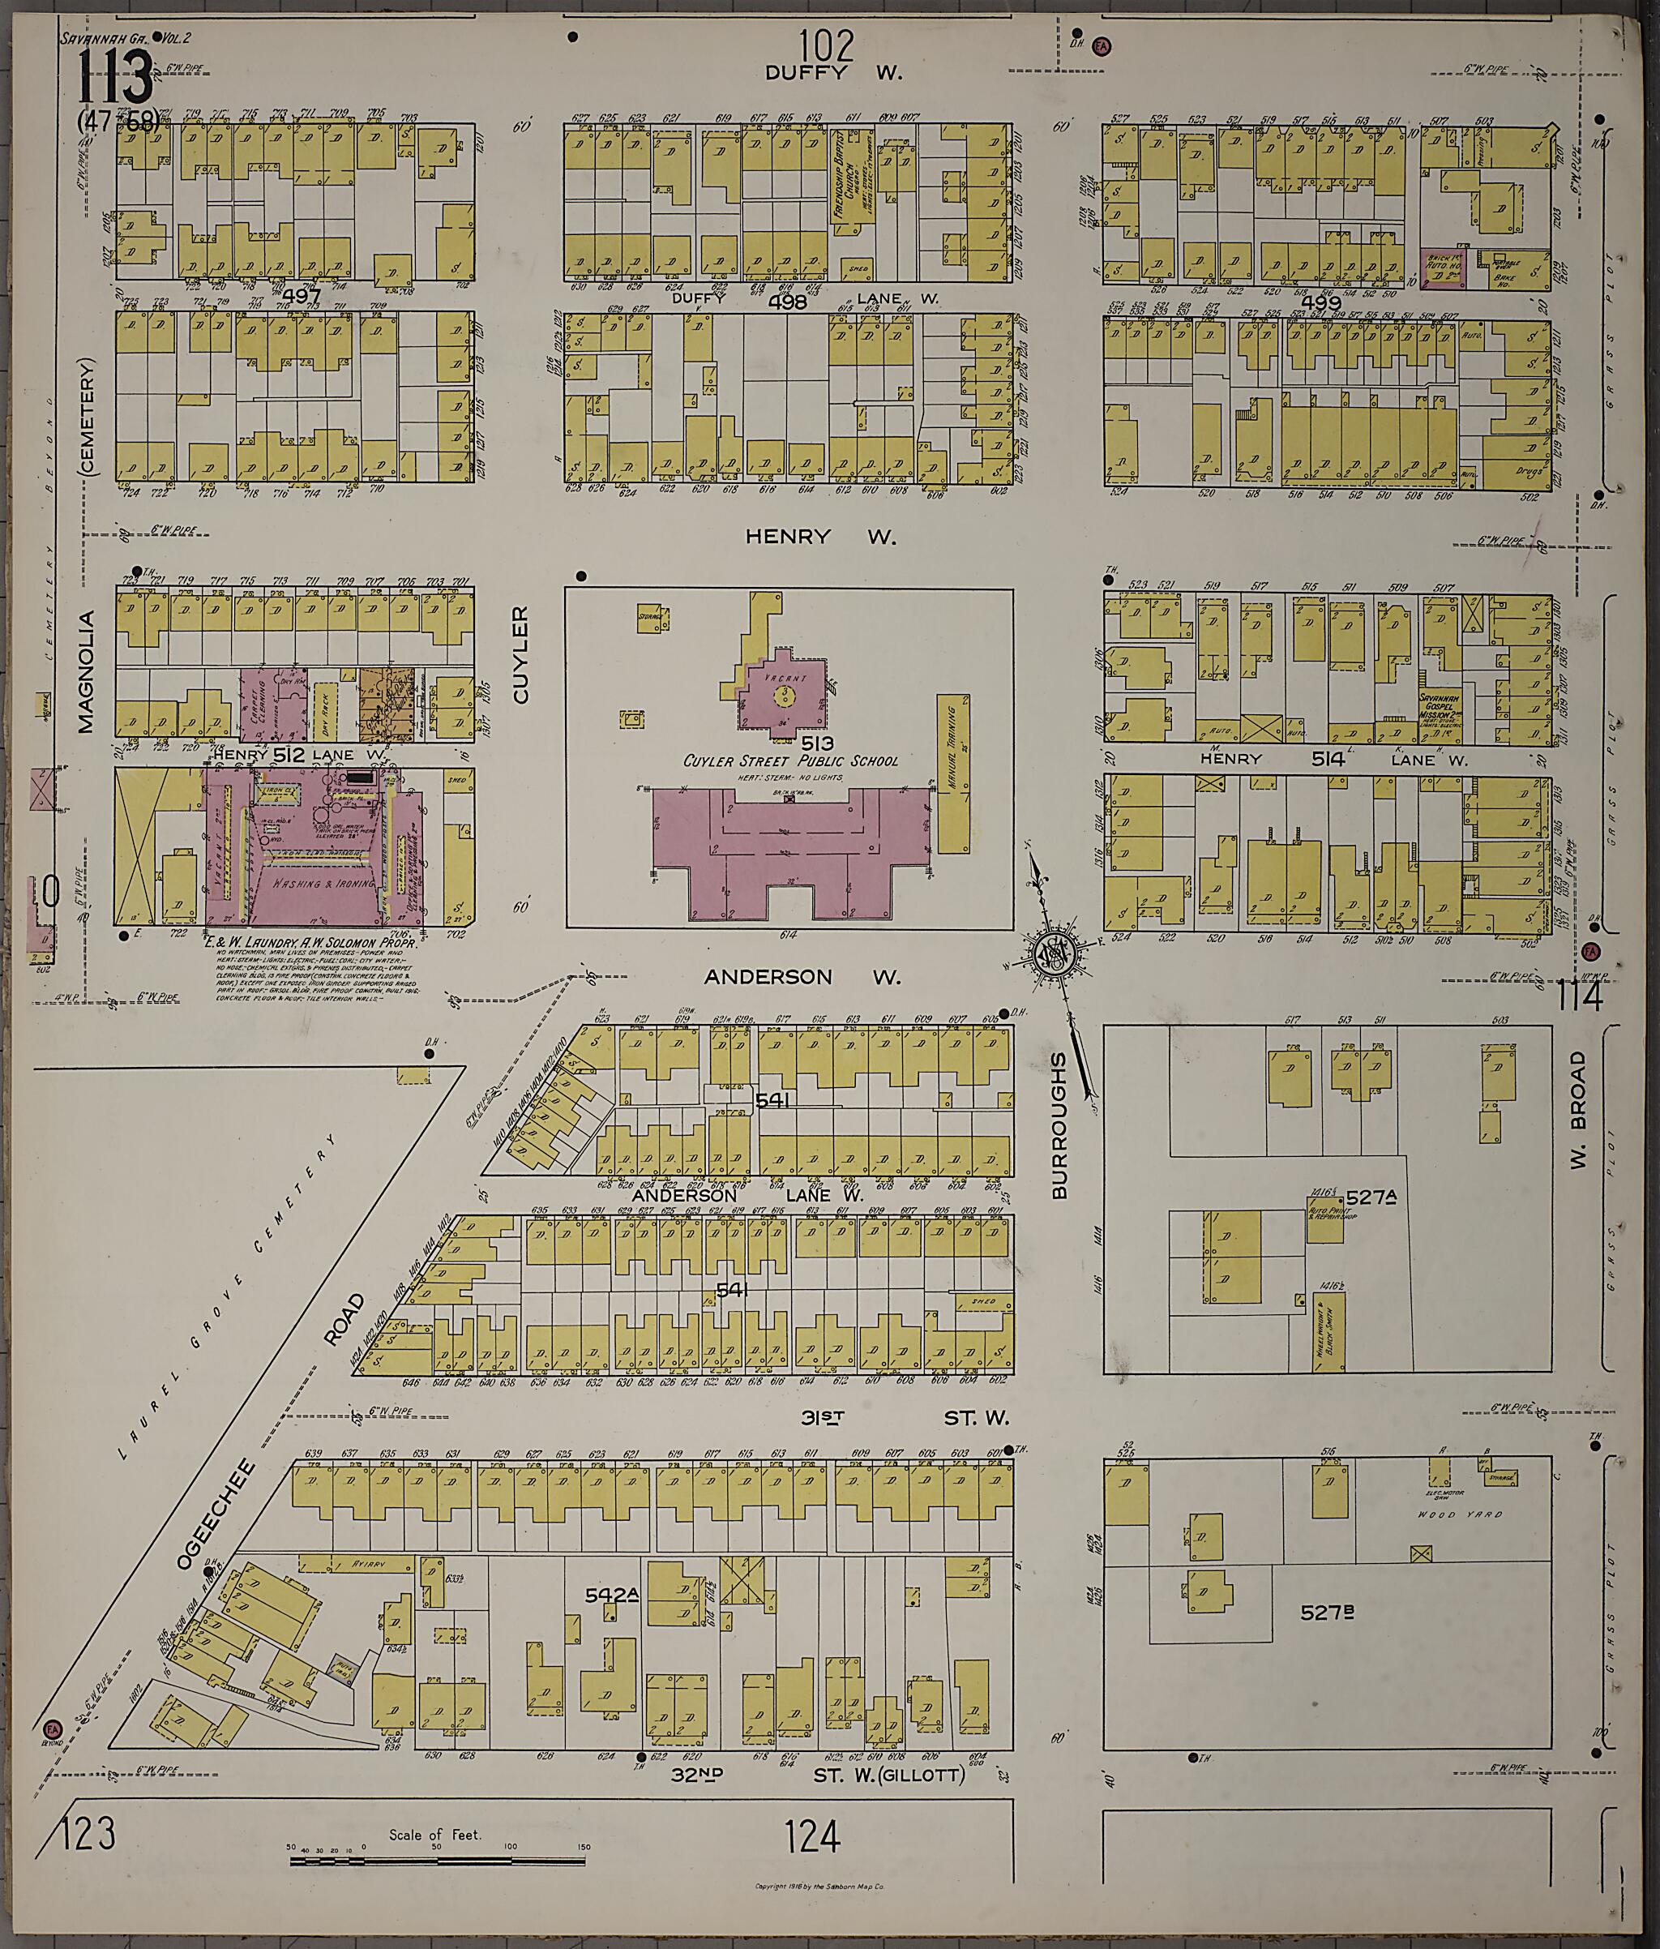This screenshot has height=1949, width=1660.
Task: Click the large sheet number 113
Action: (x=115, y=79)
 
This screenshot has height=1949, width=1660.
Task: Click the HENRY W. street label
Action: (x=820, y=537)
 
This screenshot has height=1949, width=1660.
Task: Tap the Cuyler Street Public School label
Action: (x=790, y=761)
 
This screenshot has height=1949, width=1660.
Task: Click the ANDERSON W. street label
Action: (x=802, y=977)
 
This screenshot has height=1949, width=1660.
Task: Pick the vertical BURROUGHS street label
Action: (x=1059, y=1125)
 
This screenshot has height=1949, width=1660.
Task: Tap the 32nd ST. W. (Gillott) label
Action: (x=832, y=1775)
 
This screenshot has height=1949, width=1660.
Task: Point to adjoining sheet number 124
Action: (x=813, y=1833)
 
